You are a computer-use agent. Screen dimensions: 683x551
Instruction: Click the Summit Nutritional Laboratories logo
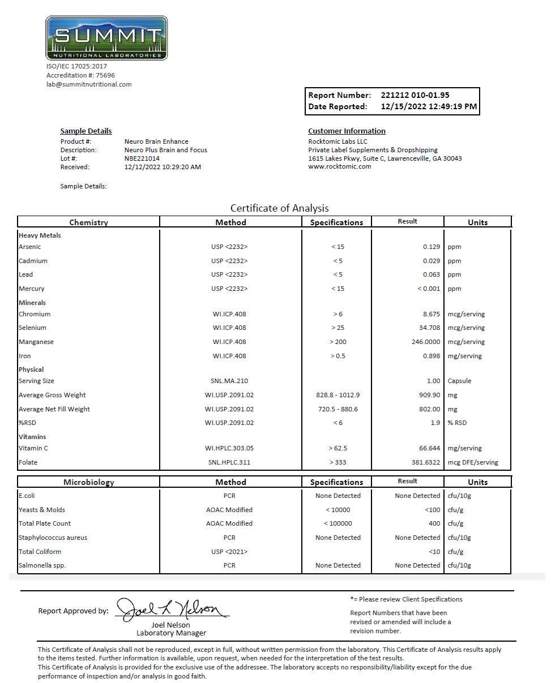point(106,37)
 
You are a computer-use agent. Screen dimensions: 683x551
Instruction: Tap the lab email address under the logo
point(89,84)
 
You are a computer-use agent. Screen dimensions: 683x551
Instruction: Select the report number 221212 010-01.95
point(415,95)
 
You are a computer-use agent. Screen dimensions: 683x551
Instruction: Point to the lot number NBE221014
point(142,158)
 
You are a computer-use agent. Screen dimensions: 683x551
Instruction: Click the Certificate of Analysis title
point(279,208)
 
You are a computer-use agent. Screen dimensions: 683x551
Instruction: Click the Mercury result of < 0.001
point(429,289)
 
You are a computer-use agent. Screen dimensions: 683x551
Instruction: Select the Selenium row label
point(32,328)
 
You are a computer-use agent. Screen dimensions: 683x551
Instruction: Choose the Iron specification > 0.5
point(338,356)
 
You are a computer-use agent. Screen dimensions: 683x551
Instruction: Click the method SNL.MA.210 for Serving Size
point(229,381)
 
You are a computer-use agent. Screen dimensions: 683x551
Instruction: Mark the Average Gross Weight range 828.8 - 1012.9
point(337,395)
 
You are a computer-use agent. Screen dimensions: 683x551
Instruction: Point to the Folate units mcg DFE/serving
point(473,462)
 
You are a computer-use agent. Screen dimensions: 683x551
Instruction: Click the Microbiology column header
point(88,482)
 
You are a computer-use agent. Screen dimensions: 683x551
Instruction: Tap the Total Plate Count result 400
point(434,523)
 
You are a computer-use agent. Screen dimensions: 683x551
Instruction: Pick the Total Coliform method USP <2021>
point(229,552)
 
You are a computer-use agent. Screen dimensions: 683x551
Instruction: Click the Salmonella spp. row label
point(42,565)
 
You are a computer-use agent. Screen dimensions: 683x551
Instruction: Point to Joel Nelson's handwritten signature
point(173,609)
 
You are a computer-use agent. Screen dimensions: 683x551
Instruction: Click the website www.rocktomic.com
point(339,166)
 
